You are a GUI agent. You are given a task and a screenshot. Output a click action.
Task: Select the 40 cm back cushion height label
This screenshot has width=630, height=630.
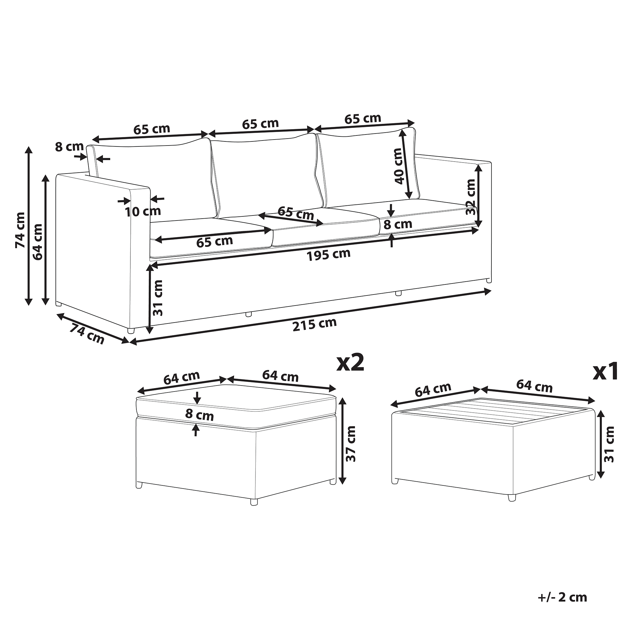point(398,166)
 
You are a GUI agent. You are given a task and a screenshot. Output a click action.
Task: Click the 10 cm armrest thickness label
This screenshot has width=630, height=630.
point(143,211)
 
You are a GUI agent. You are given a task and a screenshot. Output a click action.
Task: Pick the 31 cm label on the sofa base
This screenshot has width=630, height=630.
point(158,298)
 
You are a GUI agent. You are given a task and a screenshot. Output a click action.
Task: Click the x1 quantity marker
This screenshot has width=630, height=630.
point(605,372)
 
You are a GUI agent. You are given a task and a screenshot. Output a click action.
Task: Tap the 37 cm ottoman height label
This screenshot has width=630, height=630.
point(351,444)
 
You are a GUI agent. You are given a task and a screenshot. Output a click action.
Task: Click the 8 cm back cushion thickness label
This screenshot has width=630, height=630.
point(69,147)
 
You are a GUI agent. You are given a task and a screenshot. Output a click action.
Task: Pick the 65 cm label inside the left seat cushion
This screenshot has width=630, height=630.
point(214,242)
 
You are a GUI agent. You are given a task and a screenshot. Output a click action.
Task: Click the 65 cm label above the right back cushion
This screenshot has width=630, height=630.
point(363,119)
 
